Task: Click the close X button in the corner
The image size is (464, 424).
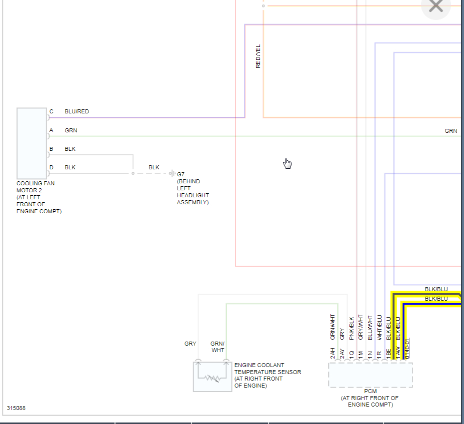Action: coord(436,6)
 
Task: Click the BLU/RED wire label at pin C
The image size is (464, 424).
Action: coord(76,111)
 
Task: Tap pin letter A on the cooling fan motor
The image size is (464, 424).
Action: coord(51,130)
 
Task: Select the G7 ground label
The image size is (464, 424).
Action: coord(181,174)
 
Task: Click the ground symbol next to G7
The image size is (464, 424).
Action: coord(171,173)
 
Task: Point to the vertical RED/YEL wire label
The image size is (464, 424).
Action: coord(258,56)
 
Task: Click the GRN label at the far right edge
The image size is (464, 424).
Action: coord(450,131)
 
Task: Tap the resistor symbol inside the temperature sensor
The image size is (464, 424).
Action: coord(212,378)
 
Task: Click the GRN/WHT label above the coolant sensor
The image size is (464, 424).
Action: coord(217,347)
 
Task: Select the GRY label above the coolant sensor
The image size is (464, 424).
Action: coord(190,344)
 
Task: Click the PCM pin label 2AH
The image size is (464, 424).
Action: coord(332,353)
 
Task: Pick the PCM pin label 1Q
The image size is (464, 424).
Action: coord(351,353)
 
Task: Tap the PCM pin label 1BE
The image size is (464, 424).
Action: coord(388,353)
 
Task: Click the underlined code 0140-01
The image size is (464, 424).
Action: coord(407,348)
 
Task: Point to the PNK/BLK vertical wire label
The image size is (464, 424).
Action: coord(351,328)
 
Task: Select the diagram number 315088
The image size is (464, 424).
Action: coord(16,408)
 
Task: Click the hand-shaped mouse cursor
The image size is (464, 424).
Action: coord(287,163)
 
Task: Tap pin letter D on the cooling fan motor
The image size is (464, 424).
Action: coord(51,167)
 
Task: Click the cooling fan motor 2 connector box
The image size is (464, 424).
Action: coord(31,143)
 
